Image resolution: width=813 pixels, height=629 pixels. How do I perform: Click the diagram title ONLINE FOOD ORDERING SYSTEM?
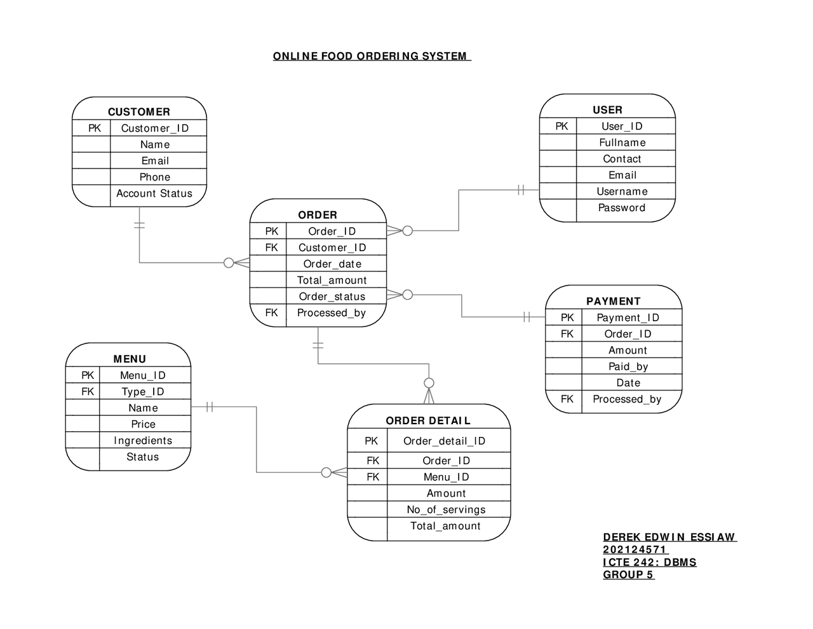(371, 56)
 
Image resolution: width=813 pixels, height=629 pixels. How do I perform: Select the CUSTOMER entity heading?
(138, 112)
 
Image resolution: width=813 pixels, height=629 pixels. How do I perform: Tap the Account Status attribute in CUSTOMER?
(154, 193)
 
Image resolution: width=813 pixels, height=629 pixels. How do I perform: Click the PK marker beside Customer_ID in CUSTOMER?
(94, 128)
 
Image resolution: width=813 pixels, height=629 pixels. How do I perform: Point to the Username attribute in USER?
(622, 191)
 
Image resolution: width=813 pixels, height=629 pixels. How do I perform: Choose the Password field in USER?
(622, 207)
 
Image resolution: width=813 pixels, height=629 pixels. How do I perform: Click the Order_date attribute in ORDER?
(332, 264)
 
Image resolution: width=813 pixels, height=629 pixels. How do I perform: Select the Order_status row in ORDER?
(332, 296)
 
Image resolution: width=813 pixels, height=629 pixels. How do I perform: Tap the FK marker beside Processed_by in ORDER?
(271, 313)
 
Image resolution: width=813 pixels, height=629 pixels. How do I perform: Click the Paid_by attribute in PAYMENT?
(628, 366)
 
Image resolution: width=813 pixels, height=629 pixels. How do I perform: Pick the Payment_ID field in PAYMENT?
(628, 317)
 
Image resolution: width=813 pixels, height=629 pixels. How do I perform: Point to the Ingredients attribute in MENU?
(143, 441)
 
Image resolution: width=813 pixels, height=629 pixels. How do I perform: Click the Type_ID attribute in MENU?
(143, 392)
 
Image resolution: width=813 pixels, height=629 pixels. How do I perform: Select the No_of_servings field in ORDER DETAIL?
(446, 509)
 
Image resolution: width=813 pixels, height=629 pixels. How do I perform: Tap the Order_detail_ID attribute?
(444, 441)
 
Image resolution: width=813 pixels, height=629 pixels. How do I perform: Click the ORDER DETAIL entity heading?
(428, 420)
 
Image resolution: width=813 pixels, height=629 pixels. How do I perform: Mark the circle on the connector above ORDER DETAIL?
(429, 383)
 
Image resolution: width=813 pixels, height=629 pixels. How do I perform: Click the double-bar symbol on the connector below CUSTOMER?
(140, 225)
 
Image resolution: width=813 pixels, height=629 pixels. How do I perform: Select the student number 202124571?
(635, 550)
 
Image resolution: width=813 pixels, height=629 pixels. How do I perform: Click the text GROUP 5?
(628, 574)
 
